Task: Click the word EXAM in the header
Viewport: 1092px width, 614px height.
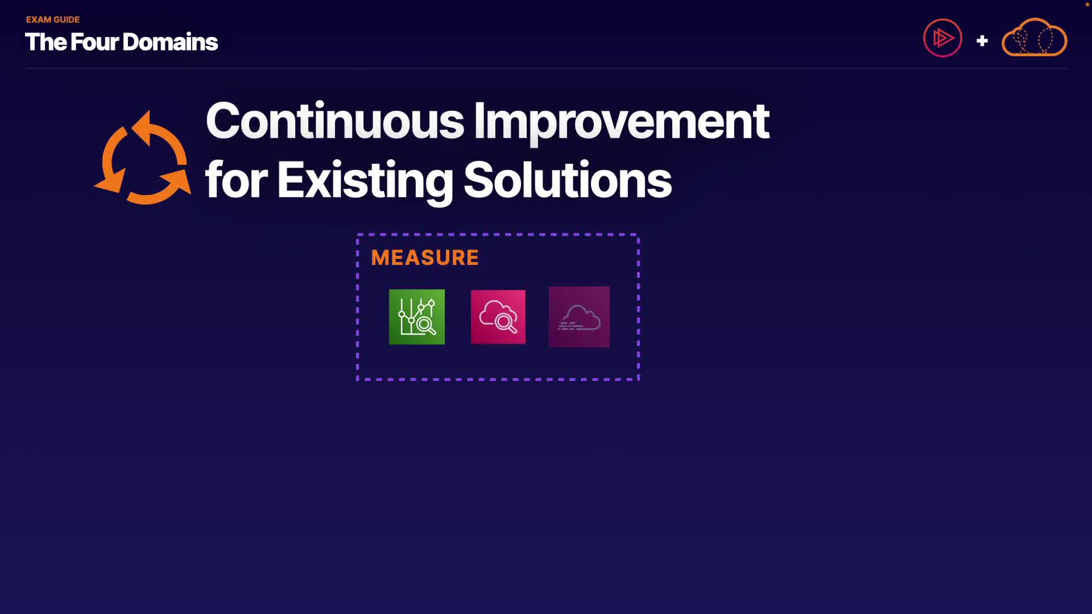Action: tap(38, 19)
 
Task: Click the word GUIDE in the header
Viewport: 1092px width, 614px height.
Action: tap(67, 19)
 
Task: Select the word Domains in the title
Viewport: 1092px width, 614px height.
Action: tap(170, 42)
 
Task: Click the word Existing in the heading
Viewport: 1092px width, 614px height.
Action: tap(365, 181)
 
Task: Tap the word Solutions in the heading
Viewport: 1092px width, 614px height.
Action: tap(568, 180)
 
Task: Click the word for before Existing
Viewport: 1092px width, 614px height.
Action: tap(236, 180)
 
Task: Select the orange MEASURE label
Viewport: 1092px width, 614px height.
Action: tap(425, 258)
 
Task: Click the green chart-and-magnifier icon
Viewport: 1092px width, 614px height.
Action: tap(417, 317)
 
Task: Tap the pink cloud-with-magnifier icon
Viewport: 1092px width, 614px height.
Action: tap(498, 317)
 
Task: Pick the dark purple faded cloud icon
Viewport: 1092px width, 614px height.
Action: tap(579, 317)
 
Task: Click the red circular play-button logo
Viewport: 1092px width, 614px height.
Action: tap(942, 38)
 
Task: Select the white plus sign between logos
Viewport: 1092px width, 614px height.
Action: tap(982, 41)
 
